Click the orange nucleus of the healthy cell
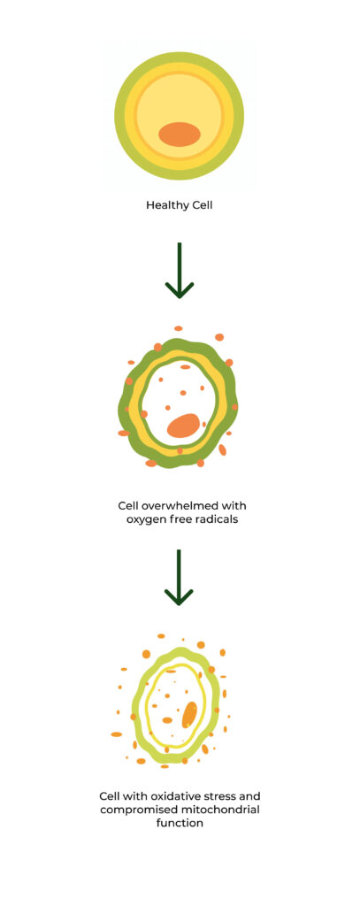(x=180, y=134)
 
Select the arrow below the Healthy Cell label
(x=180, y=271)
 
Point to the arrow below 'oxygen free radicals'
(x=179, y=577)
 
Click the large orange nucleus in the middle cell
(x=183, y=426)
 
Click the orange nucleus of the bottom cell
(x=189, y=715)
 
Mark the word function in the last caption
(x=180, y=823)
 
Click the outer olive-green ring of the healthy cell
(x=121, y=116)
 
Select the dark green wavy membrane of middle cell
(x=124, y=404)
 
